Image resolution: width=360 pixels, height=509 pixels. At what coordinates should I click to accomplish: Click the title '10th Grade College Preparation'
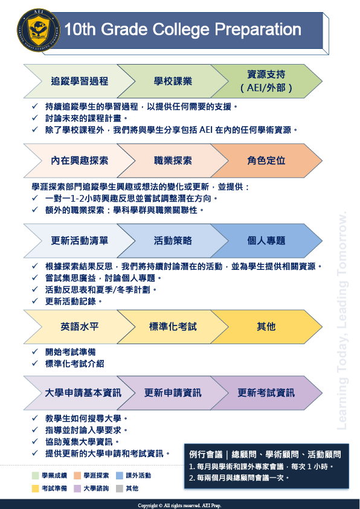click(x=183, y=29)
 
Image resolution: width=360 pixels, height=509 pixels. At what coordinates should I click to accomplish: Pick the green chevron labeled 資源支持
click(x=266, y=81)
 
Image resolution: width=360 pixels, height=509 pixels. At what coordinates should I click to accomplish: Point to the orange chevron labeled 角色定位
click(x=266, y=161)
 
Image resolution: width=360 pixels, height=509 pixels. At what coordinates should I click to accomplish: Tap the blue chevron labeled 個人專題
click(x=266, y=240)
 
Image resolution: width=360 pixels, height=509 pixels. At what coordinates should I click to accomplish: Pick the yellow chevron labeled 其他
click(x=266, y=327)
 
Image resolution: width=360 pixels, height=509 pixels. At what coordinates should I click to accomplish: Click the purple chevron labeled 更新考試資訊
click(x=266, y=393)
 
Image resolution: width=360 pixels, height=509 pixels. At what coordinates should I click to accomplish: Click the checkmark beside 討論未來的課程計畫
click(x=35, y=118)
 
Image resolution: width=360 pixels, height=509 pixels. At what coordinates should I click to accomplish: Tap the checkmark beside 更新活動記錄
click(x=35, y=301)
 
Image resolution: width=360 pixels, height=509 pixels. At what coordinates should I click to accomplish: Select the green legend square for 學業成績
click(x=36, y=476)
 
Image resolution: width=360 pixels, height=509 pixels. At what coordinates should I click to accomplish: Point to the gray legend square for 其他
click(x=120, y=488)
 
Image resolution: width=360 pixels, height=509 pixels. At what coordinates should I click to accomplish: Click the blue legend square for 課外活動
click(x=120, y=476)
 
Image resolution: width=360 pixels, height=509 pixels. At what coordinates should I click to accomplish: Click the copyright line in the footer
click(x=179, y=505)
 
